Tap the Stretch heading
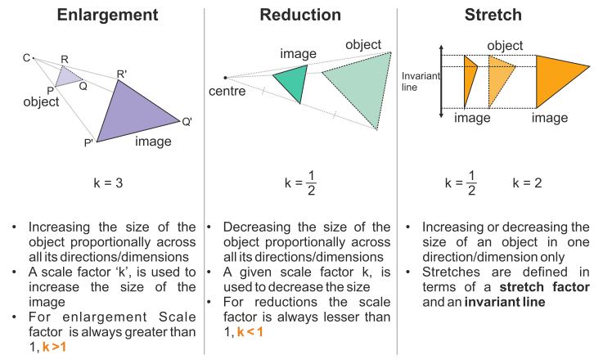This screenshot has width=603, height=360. pos(500,14)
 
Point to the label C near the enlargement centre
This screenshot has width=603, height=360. pos(26,58)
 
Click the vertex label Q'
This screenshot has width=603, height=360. pos(187,122)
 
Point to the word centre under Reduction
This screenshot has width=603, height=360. pos(227,90)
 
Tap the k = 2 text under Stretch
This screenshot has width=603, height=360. pos(528,182)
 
